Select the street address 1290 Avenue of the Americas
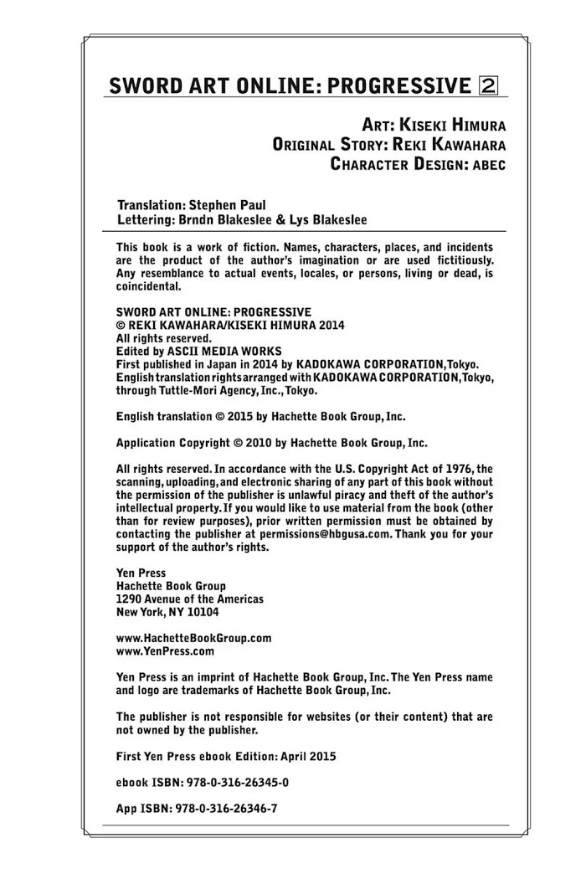tap(190, 599)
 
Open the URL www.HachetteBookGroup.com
tap(193, 638)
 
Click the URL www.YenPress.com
tap(165, 650)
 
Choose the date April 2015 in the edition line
tap(306, 756)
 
